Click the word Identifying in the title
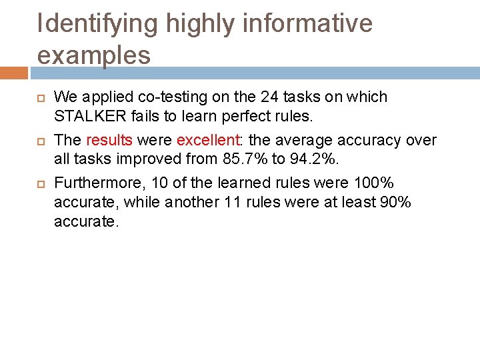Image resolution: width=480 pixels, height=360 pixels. pos(98,24)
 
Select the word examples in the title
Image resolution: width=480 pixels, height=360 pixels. pos(94,55)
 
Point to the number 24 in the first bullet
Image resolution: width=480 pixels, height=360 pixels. pos(269,97)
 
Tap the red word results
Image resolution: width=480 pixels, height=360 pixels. pos(109,140)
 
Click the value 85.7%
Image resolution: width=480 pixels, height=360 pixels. pos(247,159)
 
